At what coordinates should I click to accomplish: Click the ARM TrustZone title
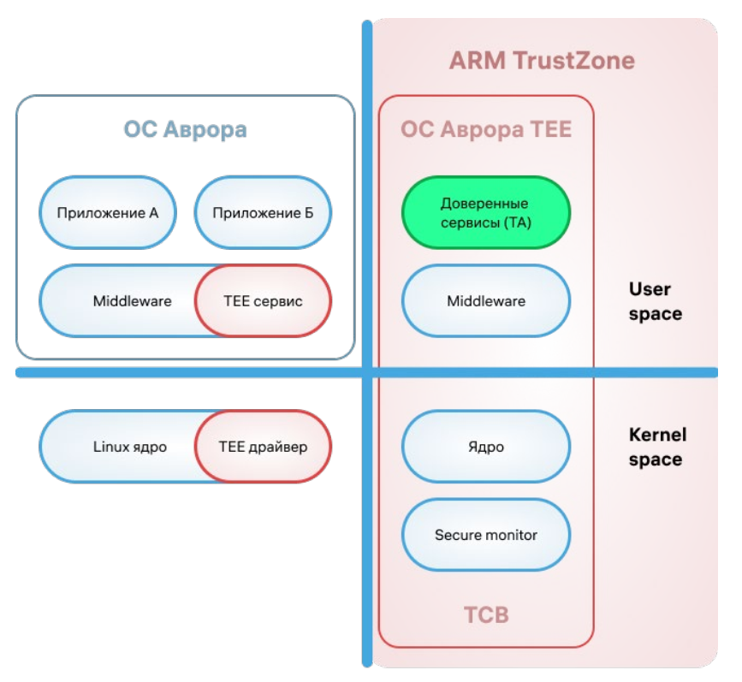[x=542, y=62]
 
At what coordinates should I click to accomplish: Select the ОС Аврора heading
[x=185, y=130]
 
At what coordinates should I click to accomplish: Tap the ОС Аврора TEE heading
[x=485, y=130]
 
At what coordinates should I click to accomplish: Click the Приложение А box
[x=107, y=213]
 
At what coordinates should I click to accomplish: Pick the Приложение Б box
[x=263, y=213]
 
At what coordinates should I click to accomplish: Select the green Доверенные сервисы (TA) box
[x=485, y=212]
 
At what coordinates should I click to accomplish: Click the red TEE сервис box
[x=263, y=301]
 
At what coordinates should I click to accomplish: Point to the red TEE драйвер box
[x=263, y=447]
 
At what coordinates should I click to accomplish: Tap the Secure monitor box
[x=485, y=536]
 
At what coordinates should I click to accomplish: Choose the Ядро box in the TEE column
[x=485, y=447]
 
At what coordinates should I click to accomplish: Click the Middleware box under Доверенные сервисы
[x=485, y=301]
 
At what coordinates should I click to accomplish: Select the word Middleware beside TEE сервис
[x=132, y=301]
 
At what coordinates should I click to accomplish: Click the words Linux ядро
[x=129, y=447]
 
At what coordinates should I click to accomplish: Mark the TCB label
[x=485, y=615]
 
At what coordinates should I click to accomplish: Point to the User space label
[x=655, y=301]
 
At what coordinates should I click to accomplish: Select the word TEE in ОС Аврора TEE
[x=548, y=130]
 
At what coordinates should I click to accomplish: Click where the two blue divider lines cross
[x=368, y=372]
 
